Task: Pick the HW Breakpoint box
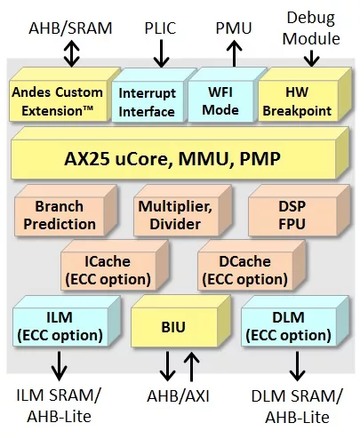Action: tap(305, 95)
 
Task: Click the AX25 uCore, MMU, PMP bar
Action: tap(180, 153)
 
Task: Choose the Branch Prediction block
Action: tap(66, 211)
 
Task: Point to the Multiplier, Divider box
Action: tap(182, 211)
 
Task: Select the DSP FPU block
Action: tap(299, 211)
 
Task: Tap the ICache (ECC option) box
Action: tap(115, 266)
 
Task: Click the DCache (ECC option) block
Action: tap(252, 266)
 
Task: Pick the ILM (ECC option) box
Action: tap(67, 322)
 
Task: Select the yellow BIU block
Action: tap(180, 322)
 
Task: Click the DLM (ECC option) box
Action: tap(295, 322)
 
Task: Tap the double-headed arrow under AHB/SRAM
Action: tap(72, 53)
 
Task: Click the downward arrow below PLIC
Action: tap(161, 53)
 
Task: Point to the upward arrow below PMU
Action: tap(235, 53)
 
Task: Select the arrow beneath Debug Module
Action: tap(311, 59)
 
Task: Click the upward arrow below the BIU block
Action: tap(192, 366)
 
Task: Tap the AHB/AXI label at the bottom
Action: tap(179, 396)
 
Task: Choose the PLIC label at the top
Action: tap(160, 28)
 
